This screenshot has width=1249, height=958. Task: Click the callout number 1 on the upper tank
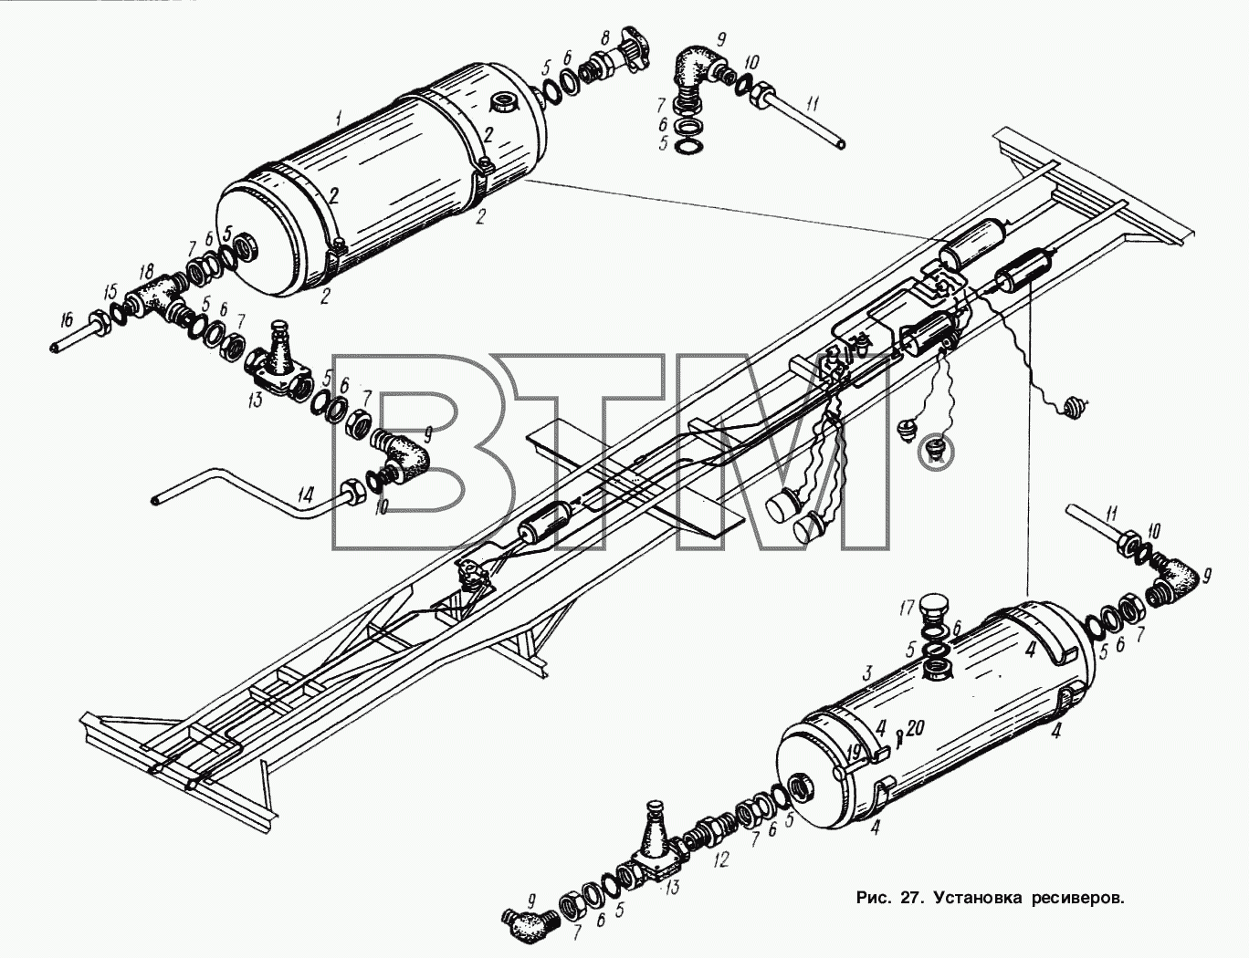tap(339, 119)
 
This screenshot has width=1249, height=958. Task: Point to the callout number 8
tap(604, 41)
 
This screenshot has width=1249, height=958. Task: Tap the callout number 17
tap(908, 609)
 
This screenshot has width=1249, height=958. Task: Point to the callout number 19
tap(855, 751)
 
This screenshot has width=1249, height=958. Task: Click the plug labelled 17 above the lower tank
tap(935, 613)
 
